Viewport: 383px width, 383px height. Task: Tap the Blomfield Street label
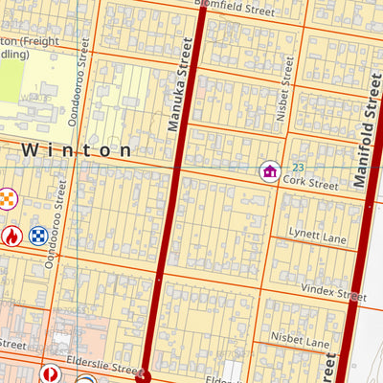pos(235,7)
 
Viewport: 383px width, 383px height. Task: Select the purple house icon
pos(270,171)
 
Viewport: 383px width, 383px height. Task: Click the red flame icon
pos(11,235)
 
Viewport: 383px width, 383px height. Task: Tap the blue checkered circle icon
pos(38,235)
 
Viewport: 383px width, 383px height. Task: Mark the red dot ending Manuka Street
pos(145,376)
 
